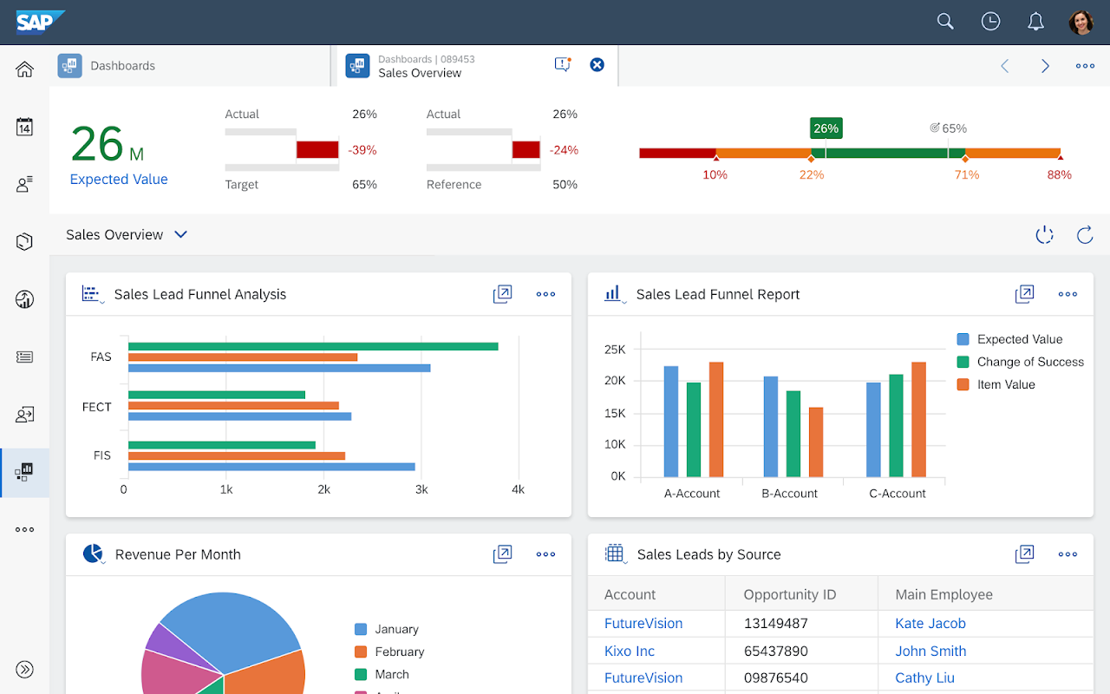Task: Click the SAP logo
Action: (x=39, y=22)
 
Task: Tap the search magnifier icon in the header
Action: (x=945, y=22)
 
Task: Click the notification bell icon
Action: (x=1035, y=22)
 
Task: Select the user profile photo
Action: (x=1081, y=22)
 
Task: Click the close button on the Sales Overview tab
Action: (x=597, y=64)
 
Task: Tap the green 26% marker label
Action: (x=826, y=128)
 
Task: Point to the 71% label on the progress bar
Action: (x=966, y=174)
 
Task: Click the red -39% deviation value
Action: (x=362, y=150)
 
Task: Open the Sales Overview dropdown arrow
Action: (x=180, y=234)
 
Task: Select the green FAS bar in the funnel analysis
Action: (x=312, y=346)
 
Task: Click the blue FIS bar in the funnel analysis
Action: (x=271, y=467)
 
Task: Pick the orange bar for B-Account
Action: (x=816, y=442)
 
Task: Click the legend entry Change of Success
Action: (x=1029, y=362)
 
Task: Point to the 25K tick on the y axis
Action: (x=615, y=349)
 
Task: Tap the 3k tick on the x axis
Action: (x=421, y=489)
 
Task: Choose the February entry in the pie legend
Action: (x=399, y=651)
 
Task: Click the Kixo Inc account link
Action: (x=630, y=651)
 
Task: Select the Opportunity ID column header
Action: (x=789, y=594)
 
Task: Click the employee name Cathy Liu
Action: (x=924, y=678)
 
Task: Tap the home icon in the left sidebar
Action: (x=24, y=69)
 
